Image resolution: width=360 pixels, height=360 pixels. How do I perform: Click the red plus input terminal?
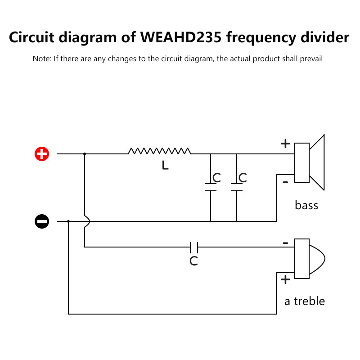(42, 154)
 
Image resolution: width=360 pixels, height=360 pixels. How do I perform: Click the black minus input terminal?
(42, 221)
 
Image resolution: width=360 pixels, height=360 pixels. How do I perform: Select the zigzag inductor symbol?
(159, 151)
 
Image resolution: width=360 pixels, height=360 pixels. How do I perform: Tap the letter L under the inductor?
(165, 166)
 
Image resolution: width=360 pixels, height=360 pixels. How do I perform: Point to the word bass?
(306, 206)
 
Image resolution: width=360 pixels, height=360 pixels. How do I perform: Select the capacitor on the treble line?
(194, 247)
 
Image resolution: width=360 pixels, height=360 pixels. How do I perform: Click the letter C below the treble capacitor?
(193, 261)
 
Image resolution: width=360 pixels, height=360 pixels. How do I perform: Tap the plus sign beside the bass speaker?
(285, 144)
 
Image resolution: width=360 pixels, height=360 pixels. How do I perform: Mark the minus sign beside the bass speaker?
(285, 182)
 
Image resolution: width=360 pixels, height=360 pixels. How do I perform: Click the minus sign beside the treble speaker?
(285, 243)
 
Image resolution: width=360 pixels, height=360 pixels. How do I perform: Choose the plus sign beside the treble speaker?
(285, 279)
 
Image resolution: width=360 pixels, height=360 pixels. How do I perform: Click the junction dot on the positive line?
(85, 154)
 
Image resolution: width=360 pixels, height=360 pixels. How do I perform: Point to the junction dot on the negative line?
(68, 221)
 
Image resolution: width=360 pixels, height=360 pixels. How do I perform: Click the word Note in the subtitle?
(41, 59)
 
